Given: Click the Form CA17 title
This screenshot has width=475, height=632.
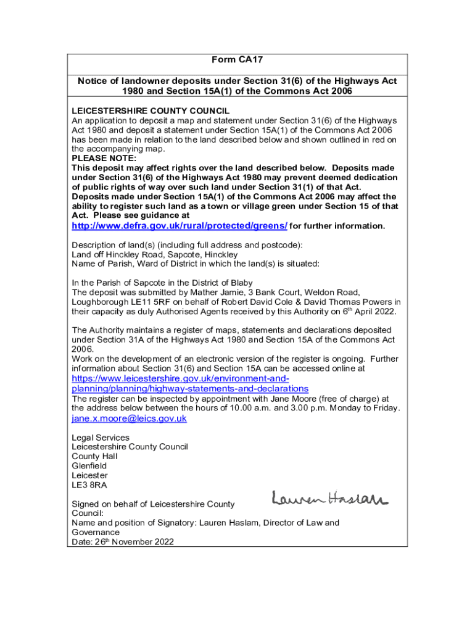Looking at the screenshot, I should point(238,60).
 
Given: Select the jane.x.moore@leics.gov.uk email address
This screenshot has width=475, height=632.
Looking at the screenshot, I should point(129,418).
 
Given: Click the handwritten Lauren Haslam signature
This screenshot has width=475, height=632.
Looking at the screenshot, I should point(329,497).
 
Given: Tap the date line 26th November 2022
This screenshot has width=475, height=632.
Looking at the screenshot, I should point(123,542).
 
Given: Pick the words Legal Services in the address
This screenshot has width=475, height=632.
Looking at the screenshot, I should point(101,438).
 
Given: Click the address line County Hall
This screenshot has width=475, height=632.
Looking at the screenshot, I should point(94,457).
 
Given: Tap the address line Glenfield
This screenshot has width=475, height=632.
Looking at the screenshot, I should point(89,466).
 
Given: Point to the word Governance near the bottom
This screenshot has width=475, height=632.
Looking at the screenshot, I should point(96,532).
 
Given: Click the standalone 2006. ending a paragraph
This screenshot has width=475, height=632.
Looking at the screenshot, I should point(83,349).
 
